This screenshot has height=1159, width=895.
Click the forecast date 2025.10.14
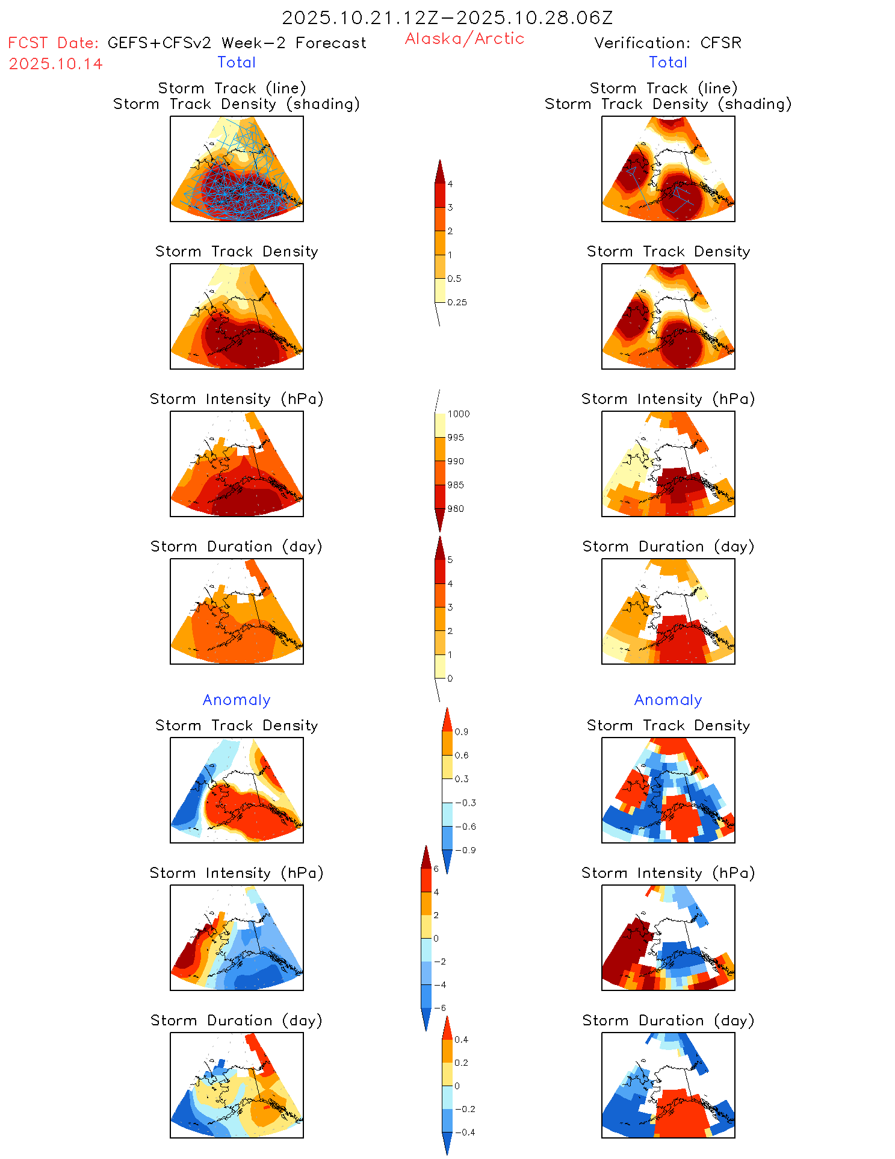tap(55, 64)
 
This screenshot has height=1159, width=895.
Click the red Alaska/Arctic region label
tap(464, 39)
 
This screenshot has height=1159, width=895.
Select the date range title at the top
tap(447, 18)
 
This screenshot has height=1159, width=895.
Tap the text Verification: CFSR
tap(667, 43)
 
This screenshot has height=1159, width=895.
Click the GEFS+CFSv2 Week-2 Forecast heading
tap(237, 43)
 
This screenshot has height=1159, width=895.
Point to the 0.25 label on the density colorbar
tap(457, 302)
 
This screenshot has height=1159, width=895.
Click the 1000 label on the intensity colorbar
tap(458, 414)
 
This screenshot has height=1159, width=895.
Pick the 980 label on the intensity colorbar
tap(456, 509)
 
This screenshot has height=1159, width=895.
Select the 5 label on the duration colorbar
tap(450, 560)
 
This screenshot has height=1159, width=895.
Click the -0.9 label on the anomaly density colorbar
tap(465, 850)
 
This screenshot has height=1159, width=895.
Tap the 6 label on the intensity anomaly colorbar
tap(436, 869)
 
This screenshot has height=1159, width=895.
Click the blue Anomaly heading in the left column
tap(237, 700)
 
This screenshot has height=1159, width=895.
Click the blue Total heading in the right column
tap(667, 62)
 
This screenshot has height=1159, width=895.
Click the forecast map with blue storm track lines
tap(237, 169)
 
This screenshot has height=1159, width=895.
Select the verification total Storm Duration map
tap(668, 611)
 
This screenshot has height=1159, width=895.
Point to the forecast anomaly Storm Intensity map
tap(237, 937)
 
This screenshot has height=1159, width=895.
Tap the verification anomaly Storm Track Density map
tap(668, 790)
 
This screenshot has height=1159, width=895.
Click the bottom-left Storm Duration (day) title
tap(237, 1021)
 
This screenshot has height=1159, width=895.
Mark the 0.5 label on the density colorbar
tap(454, 279)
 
